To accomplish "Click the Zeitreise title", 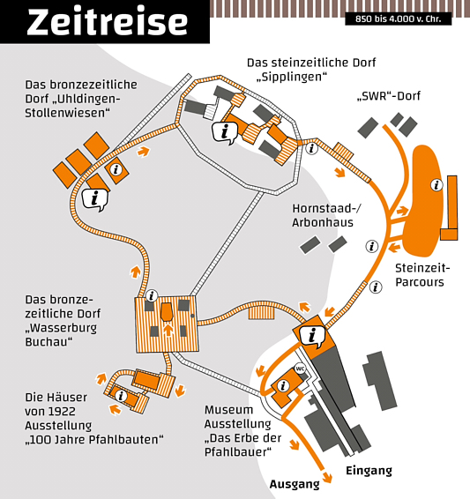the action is click(x=108, y=22).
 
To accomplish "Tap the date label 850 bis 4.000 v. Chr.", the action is click(x=398, y=19).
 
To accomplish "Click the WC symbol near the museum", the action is click(x=300, y=369).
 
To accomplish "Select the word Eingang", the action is click(x=369, y=471).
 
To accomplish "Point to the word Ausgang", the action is click(x=295, y=484).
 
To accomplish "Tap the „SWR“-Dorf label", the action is click(x=389, y=95).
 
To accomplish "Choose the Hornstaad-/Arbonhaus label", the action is click(x=326, y=215).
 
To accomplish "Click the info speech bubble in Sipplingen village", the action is click(x=225, y=132).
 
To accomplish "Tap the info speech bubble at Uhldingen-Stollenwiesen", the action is click(x=95, y=200).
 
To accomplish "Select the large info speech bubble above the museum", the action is click(x=312, y=336).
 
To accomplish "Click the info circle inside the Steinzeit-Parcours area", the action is click(x=436, y=185).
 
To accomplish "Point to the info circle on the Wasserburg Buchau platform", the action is click(x=152, y=296).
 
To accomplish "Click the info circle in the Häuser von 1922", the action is click(x=121, y=396).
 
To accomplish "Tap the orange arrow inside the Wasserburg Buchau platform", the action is click(x=168, y=330).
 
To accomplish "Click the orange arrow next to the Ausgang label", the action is click(x=326, y=478).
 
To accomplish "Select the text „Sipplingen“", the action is click(x=292, y=77).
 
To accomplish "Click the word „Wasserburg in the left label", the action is click(x=61, y=328).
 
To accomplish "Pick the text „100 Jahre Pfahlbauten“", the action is click(x=94, y=439).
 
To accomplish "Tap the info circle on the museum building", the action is click(x=282, y=386).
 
